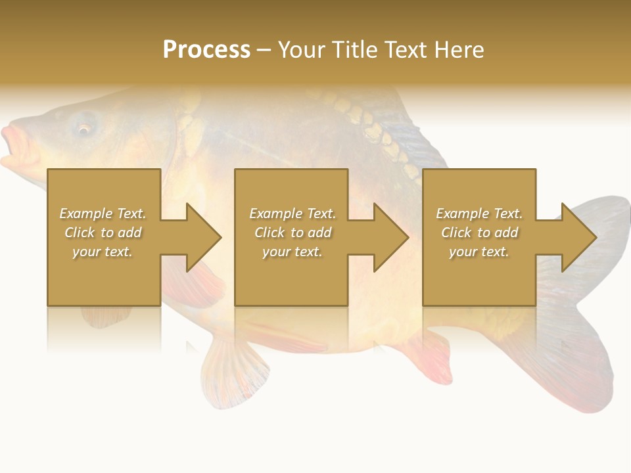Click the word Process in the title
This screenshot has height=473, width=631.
click(206, 50)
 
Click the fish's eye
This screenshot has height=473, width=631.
click(83, 129)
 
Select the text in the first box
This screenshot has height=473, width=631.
click(103, 233)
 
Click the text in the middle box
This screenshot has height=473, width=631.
click(292, 233)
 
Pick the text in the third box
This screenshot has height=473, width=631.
click(479, 233)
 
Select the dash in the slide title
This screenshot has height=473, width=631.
click(264, 50)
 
